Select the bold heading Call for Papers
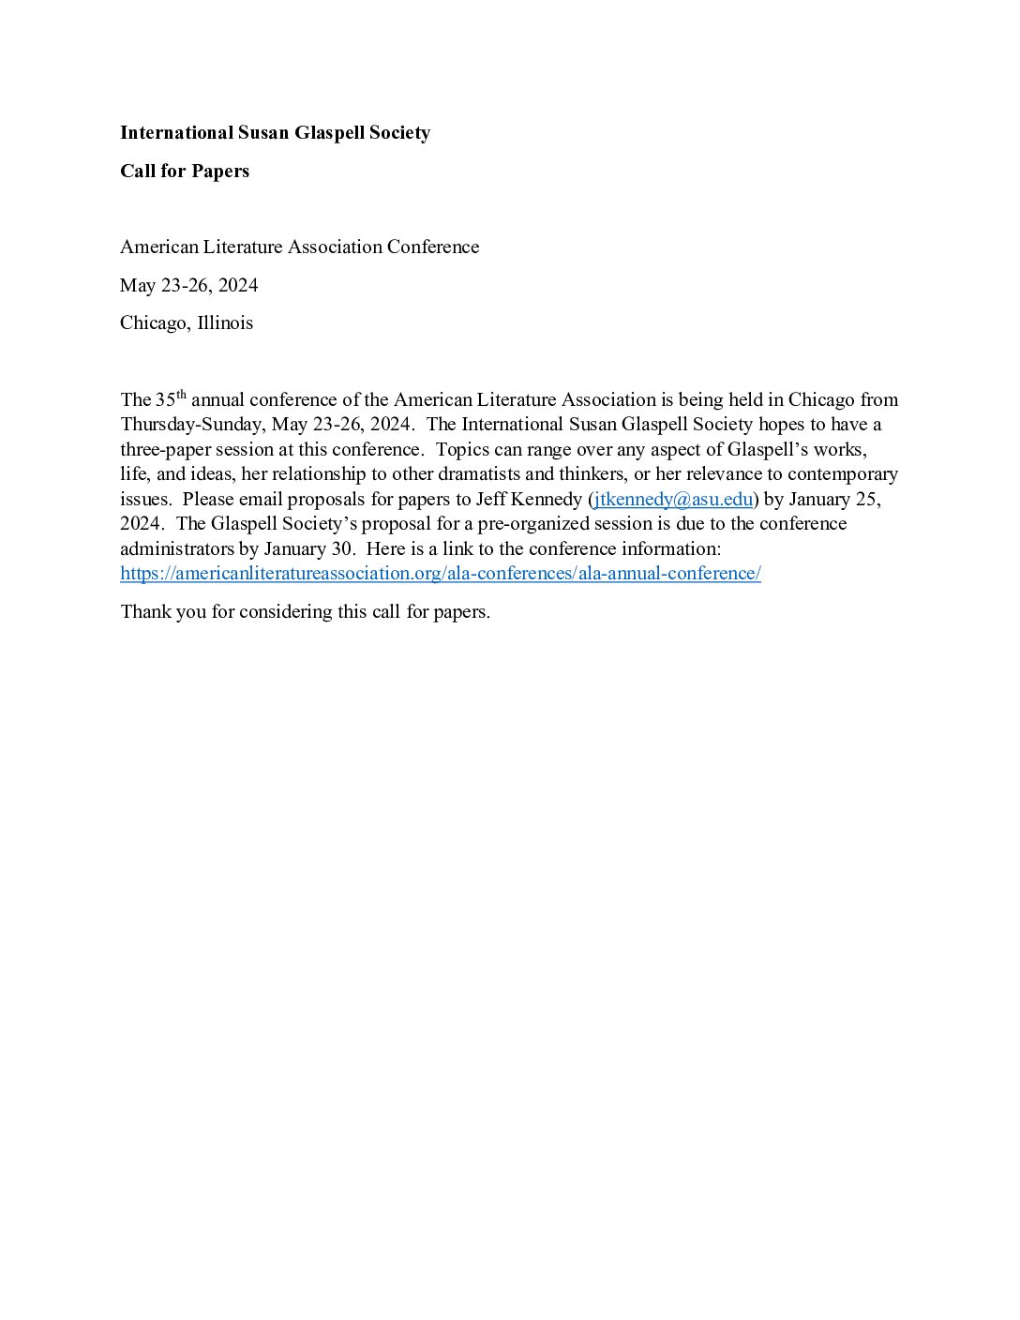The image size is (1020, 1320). (185, 172)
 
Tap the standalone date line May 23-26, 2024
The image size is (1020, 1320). (189, 285)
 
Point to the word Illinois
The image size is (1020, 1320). (225, 323)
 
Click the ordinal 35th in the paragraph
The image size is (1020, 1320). (171, 398)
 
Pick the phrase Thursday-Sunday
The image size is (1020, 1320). (191, 425)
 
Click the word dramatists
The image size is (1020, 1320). (475, 474)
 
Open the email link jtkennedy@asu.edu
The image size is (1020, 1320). (673, 499)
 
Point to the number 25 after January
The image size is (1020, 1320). (866, 499)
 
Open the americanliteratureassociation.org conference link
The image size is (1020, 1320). (441, 574)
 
